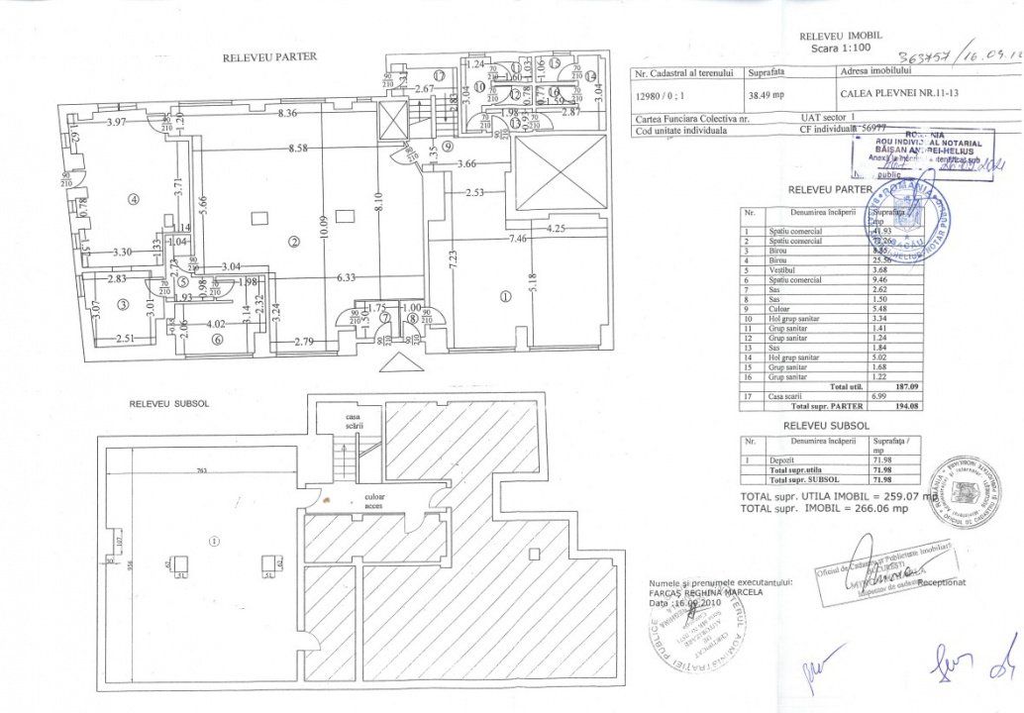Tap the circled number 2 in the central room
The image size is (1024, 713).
coord(293,241)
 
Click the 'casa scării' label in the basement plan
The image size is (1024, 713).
coord(354,422)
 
